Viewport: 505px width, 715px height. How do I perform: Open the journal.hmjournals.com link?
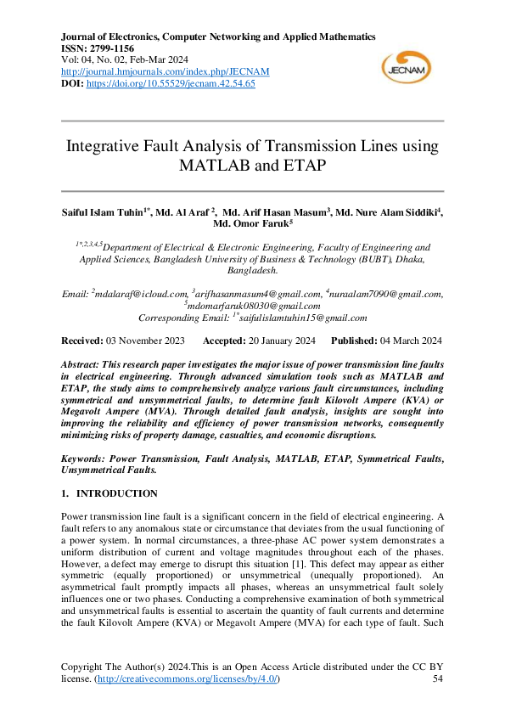[155, 72]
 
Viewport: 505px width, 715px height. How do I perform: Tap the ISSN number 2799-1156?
[116, 49]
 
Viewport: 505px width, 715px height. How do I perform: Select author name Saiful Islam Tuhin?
[99, 211]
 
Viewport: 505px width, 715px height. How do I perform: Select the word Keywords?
[83, 458]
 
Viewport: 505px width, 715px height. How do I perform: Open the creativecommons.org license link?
[187, 680]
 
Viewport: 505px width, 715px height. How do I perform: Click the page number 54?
[438, 680]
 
